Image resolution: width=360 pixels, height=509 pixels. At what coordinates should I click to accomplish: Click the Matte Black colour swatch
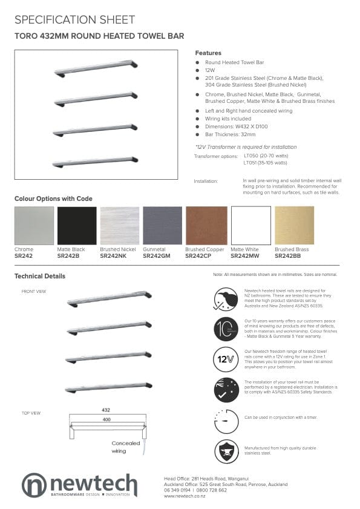click(76, 226)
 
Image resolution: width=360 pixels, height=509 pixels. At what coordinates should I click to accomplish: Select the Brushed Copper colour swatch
click(206, 226)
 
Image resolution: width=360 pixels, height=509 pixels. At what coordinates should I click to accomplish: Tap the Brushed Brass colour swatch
click(294, 226)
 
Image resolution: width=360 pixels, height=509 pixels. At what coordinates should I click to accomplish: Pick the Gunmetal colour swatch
click(162, 226)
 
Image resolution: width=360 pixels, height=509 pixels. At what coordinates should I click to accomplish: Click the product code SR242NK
click(113, 256)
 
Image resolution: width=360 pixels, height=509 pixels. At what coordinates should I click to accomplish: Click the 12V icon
click(226, 359)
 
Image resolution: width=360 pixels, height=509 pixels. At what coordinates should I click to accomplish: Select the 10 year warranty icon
click(226, 328)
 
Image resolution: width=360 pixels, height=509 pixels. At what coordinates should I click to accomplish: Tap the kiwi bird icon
click(226, 297)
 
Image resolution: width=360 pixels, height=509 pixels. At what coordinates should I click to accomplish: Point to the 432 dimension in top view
click(106, 410)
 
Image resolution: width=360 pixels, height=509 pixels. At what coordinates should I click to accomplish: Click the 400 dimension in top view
click(106, 419)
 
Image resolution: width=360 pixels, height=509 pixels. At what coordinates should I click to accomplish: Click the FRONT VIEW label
click(34, 291)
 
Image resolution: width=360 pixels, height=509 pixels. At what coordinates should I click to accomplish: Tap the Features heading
click(208, 53)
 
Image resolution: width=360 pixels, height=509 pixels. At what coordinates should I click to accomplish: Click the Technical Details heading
click(40, 276)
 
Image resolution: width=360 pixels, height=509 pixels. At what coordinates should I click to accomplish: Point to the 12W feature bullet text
click(210, 70)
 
